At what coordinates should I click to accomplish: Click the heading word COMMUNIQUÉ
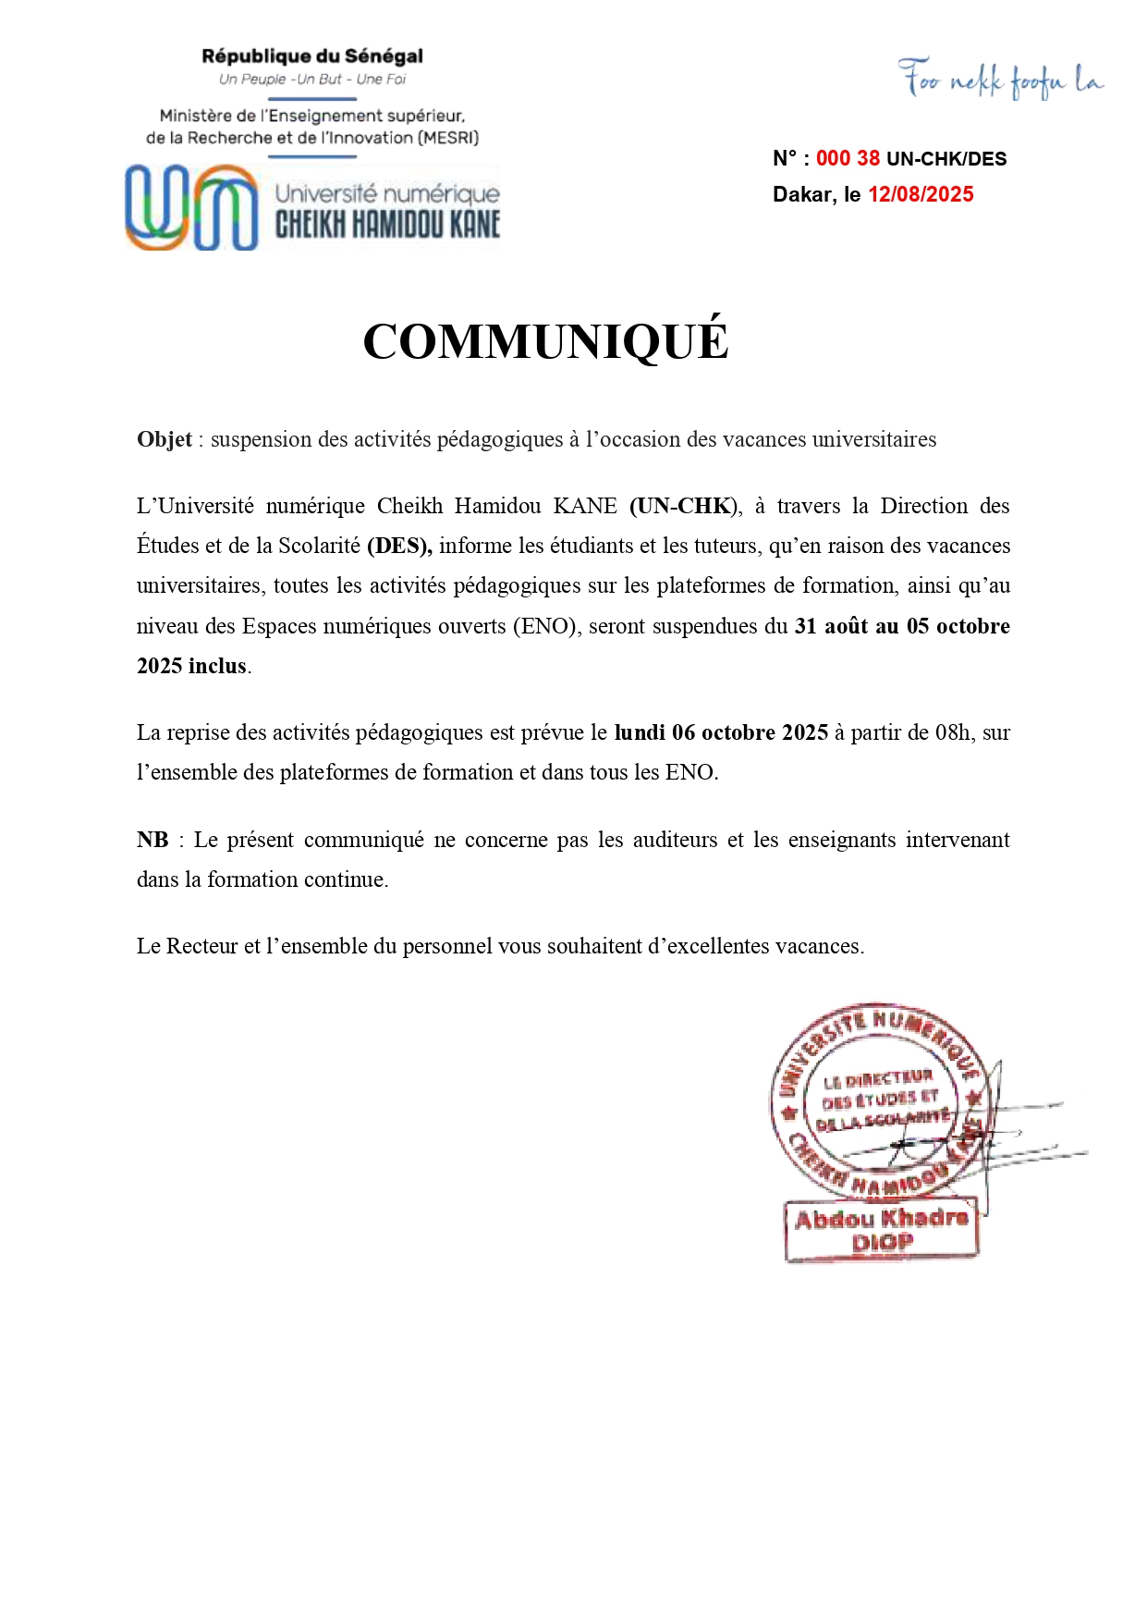(545, 341)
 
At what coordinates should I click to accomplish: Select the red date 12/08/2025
(921, 194)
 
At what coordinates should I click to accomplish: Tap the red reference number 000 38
(848, 158)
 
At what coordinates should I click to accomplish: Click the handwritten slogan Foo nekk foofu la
(1001, 80)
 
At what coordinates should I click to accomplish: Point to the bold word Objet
(165, 439)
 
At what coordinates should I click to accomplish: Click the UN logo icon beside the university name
(191, 207)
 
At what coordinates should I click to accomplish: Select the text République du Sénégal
(312, 56)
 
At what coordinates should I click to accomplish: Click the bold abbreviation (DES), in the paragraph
(399, 546)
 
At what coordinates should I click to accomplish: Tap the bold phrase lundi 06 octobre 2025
(721, 732)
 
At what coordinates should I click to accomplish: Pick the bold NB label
(153, 840)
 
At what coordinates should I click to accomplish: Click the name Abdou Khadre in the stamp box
(882, 1219)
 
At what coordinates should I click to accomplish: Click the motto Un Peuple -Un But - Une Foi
(312, 80)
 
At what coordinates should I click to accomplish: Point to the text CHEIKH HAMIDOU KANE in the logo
(387, 225)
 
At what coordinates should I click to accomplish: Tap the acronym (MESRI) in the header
(448, 138)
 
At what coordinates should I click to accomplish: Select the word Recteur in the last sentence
(201, 946)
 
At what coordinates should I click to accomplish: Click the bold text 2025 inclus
(191, 666)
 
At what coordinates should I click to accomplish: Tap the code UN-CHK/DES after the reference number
(946, 158)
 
